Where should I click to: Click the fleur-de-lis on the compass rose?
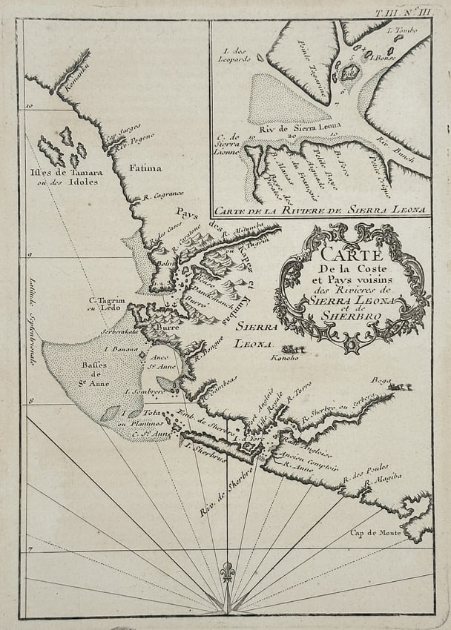[226, 572]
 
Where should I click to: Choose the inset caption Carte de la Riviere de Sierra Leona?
[320, 210]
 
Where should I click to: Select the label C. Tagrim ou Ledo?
[105, 304]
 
